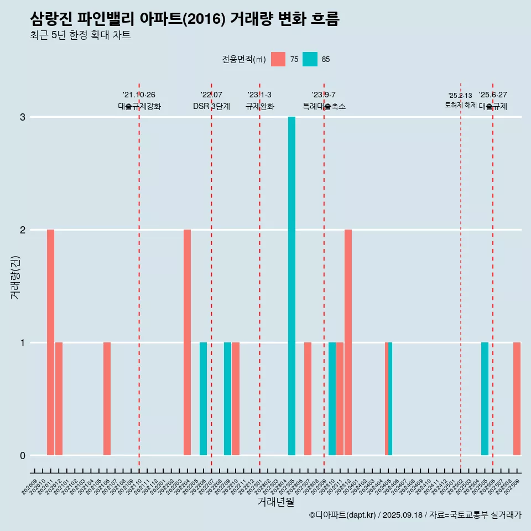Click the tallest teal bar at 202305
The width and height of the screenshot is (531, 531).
click(x=291, y=286)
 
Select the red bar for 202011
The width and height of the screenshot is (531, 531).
click(x=50, y=342)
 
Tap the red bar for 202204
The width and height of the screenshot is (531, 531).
click(x=187, y=342)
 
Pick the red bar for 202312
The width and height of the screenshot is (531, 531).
click(x=348, y=342)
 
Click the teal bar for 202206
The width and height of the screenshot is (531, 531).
click(x=203, y=399)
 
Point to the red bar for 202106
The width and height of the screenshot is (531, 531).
click(x=107, y=399)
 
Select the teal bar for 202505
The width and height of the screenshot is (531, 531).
click(x=485, y=399)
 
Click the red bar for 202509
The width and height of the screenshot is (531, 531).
click(x=517, y=399)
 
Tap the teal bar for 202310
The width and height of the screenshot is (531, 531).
click(x=332, y=399)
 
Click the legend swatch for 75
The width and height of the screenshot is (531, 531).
click(x=278, y=59)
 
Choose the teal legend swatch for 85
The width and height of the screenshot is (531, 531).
click(x=310, y=59)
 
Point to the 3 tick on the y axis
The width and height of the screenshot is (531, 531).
click(x=23, y=117)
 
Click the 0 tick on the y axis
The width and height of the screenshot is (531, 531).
click(x=23, y=456)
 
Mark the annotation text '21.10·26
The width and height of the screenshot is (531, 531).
click(x=139, y=95)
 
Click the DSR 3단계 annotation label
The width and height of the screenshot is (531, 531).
click(x=211, y=106)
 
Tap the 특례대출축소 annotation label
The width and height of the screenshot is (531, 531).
click(x=324, y=106)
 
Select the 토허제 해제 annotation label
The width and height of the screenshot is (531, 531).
click(x=460, y=105)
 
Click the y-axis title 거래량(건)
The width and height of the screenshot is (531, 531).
click(x=15, y=277)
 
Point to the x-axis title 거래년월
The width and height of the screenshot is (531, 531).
click(x=275, y=502)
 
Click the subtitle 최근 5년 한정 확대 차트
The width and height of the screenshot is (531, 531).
click(x=81, y=35)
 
